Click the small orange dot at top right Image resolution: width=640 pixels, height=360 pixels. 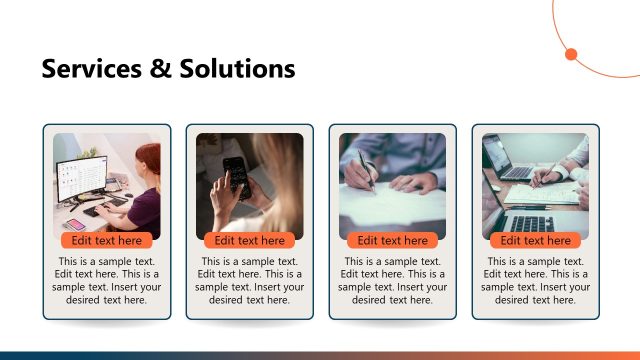coord(572,54)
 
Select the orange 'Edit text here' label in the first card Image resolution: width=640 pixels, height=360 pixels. coord(107,240)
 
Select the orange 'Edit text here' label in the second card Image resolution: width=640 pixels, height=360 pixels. coord(250,240)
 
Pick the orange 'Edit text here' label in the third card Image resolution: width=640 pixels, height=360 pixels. coord(393,240)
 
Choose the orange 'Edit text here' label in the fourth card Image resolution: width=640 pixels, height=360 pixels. coord(536,240)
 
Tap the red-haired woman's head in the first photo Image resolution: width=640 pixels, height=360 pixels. coord(148,159)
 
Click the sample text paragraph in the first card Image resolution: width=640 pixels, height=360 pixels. coord(107,281)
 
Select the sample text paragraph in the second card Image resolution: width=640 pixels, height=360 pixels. coord(250,281)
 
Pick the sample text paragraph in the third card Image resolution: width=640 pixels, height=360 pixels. coord(393,281)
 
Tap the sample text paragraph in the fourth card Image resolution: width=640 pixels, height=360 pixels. coord(536,281)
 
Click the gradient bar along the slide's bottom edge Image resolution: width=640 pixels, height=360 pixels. coord(320,355)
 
